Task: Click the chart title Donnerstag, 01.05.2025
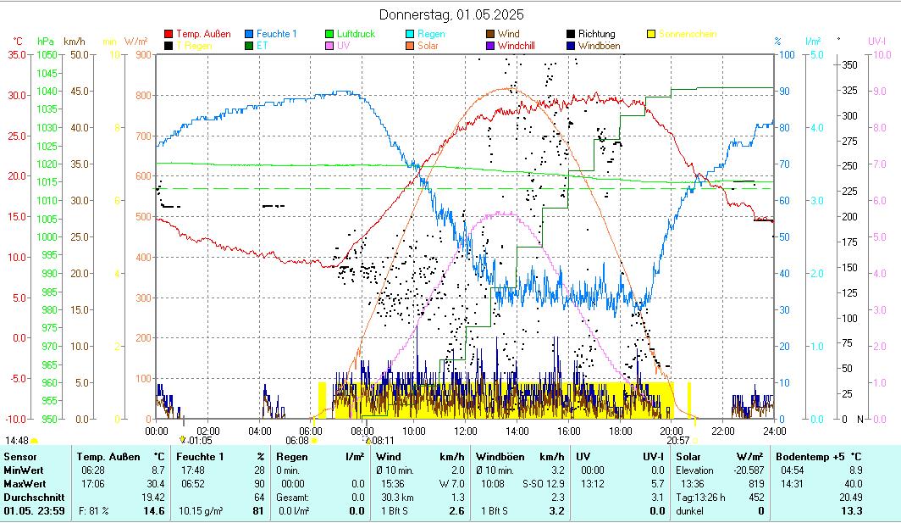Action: click(450, 14)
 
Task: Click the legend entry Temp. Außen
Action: click(202, 34)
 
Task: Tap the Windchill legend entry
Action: click(522, 46)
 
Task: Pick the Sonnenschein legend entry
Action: click(687, 34)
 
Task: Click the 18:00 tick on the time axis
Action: click(620, 431)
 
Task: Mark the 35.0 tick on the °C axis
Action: click(16, 54)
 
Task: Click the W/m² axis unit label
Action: click(135, 41)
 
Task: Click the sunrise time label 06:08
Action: click(297, 441)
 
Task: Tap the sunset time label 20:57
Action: click(677, 441)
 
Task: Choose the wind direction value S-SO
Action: click(531, 483)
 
